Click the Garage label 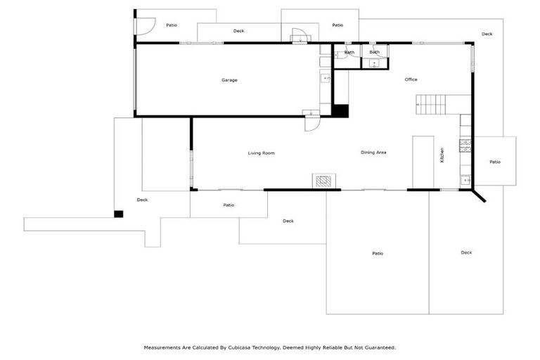pyautogui.click(x=229, y=80)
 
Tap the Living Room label pyautogui.click(x=261, y=153)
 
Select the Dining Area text pyautogui.click(x=373, y=153)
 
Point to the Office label pyautogui.click(x=411, y=79)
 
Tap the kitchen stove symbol pyautogui.click(x=465, y=146)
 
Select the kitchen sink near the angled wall pyautogui.click(x=465, y=181)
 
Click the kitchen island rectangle pyautogui.click(x=423, y=162)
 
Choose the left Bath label pyautogui.click(x=349, y=53)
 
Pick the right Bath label pyautogui.click(x=375, y=52)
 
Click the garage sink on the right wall pyautogui.click(x=325, y=78)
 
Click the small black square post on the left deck pyautogui.click(x=119, y=214)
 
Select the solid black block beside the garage pyautogui.click(x=340, y=110)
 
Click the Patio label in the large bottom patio pyautogui.click(x=378, y=253)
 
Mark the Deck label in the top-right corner pyautogui.click(x=487, y=34)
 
